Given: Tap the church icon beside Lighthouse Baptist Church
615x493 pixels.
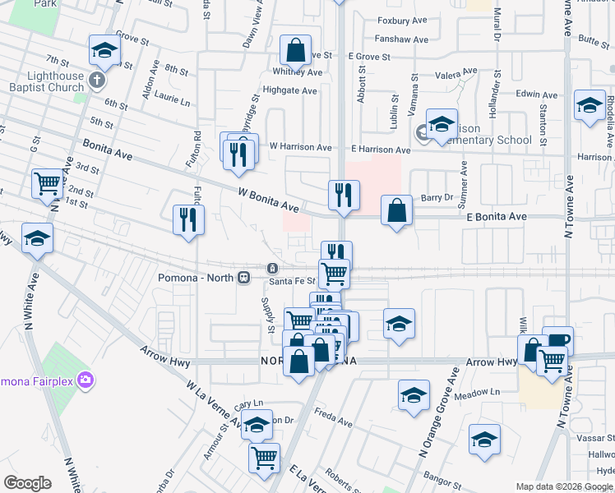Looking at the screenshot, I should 97,81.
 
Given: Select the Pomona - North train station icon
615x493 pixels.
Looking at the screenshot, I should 244,277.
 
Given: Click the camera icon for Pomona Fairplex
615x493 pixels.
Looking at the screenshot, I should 86,380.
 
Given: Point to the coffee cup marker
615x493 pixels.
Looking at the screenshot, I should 557,339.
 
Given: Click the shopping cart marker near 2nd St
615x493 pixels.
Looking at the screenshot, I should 48,184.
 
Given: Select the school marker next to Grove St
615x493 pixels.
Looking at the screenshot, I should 104,51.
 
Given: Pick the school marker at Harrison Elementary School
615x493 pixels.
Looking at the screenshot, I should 442,124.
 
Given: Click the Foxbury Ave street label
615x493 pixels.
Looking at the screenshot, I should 403,21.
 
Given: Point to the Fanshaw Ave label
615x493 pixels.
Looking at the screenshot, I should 401,39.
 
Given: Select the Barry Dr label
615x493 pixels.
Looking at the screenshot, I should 437,197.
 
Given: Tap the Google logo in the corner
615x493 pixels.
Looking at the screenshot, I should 27,483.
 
